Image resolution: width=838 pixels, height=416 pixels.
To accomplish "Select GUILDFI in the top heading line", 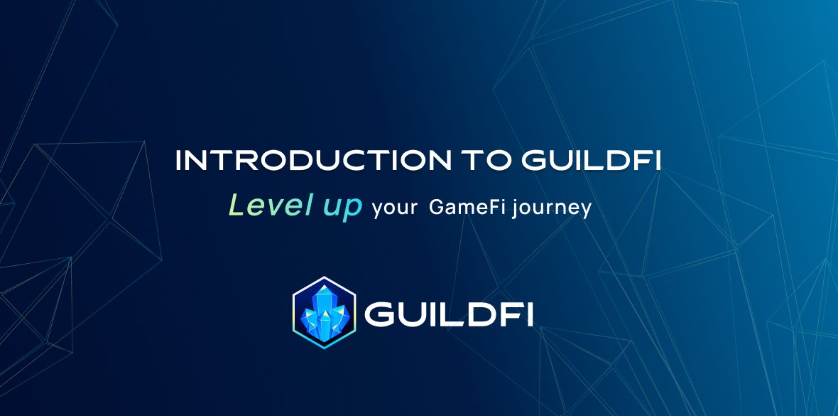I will [591, 161].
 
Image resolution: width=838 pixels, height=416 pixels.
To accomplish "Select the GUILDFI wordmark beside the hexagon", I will [449, 314].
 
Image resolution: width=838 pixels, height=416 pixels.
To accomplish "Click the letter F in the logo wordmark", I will [510, 314].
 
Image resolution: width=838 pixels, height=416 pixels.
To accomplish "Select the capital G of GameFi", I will [436, 208].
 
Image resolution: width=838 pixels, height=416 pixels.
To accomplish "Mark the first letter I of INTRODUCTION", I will [178, 161].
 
